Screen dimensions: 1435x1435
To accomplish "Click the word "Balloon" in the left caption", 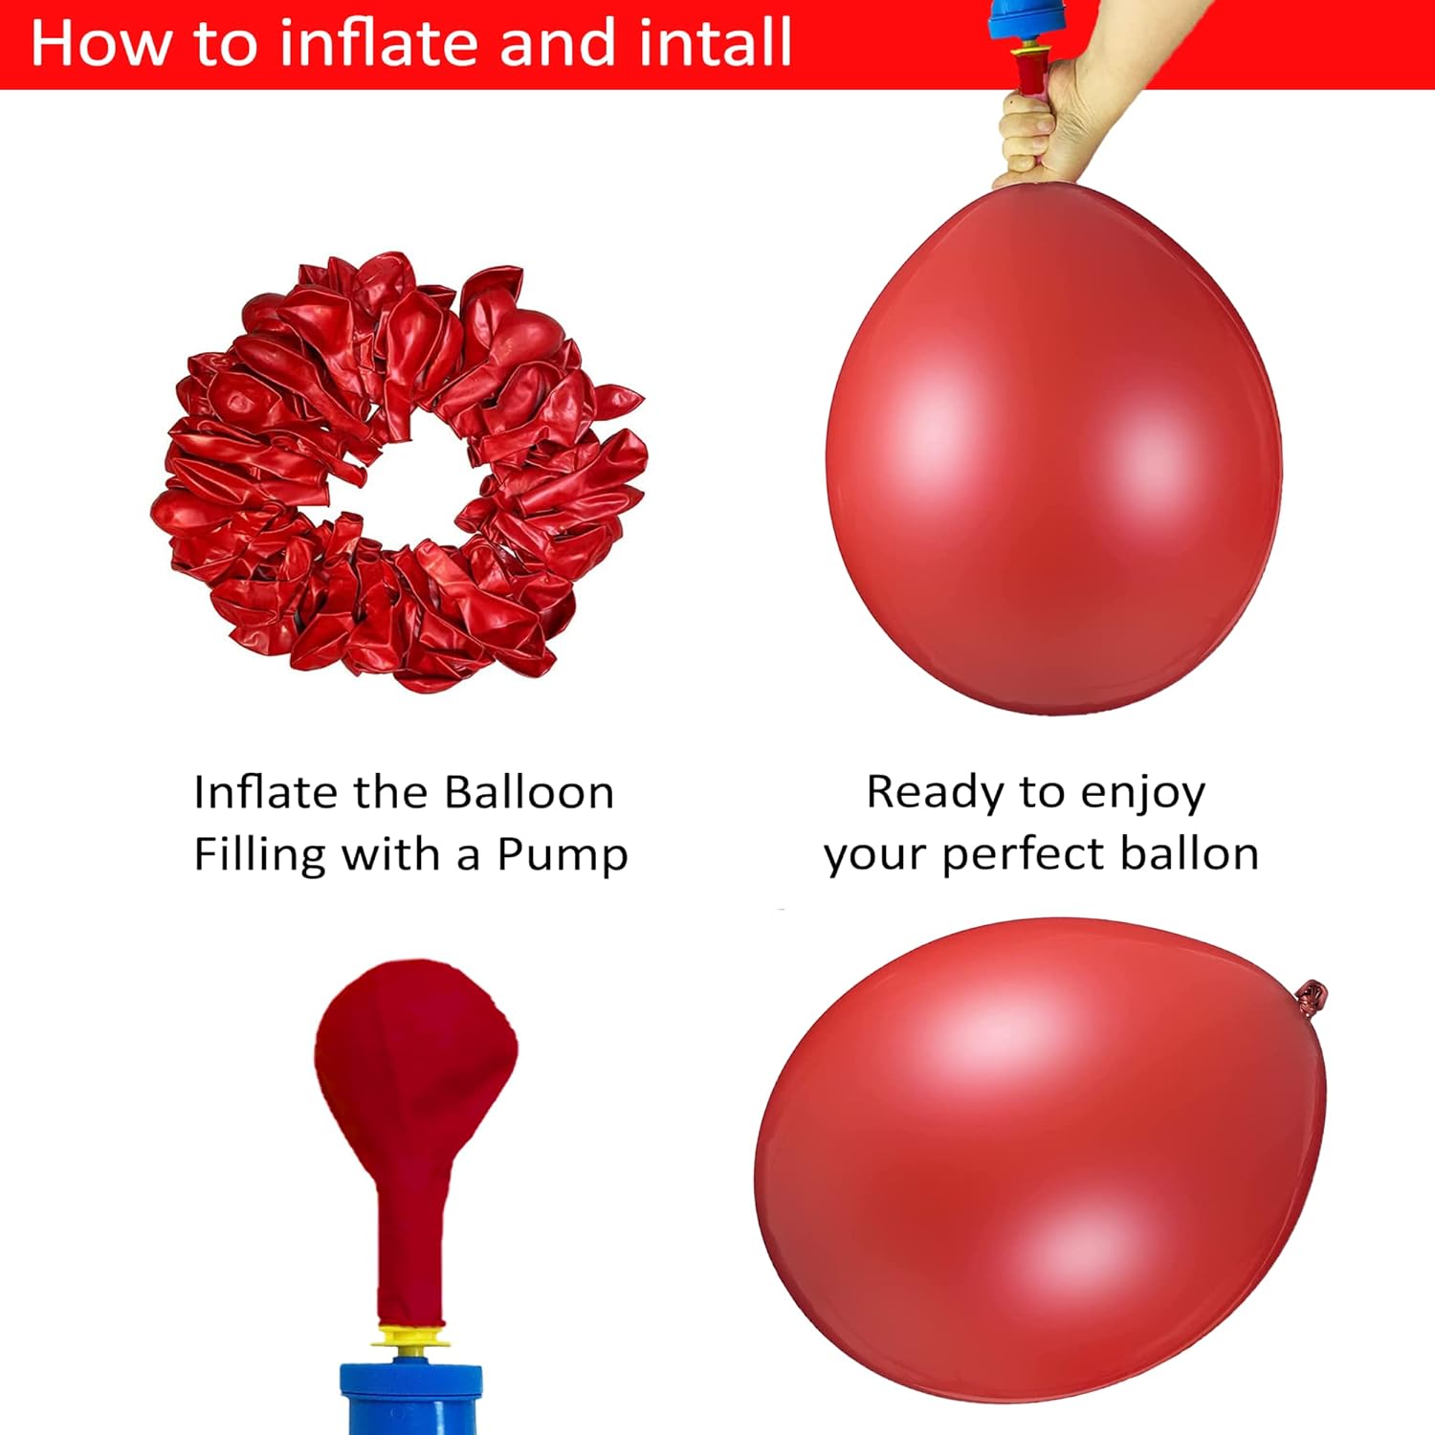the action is click(529, 792).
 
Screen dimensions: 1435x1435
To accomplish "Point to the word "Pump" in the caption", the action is click(563, 854).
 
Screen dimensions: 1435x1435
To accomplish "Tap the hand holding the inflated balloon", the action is click(1071, 105).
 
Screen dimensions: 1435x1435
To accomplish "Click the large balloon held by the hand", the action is click(1053, 450).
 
